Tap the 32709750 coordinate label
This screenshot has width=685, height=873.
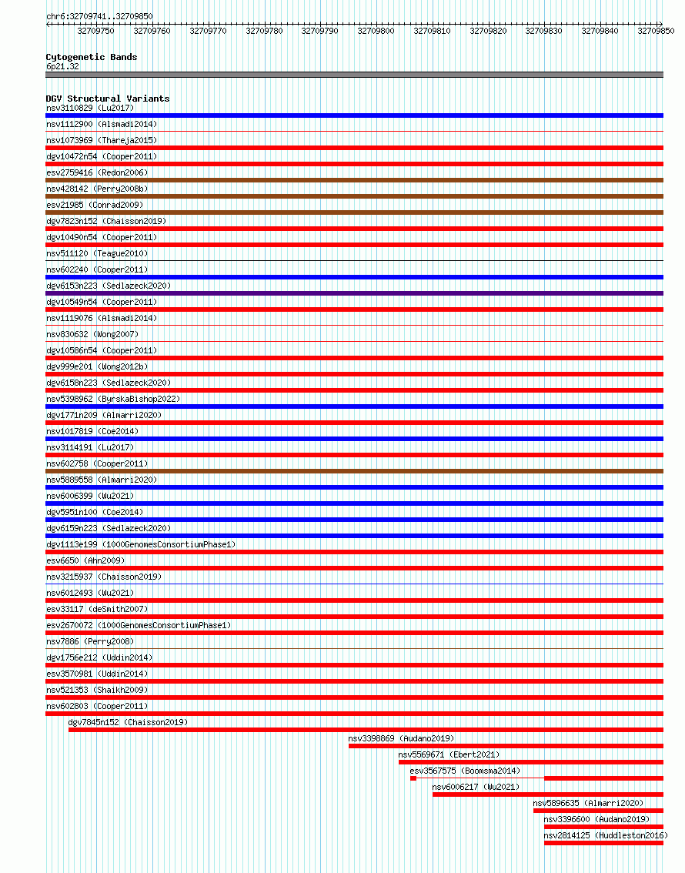click(x=96, y=31)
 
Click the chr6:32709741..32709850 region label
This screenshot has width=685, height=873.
click(x=99, y=16)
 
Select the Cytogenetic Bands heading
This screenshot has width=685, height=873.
click(x=92, y=57)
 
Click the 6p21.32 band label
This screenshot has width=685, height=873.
click(x=62, y=66)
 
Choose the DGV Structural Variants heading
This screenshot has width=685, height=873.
click(x=108, y=99)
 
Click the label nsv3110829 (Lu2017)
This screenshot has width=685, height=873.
click(x=90, y=108)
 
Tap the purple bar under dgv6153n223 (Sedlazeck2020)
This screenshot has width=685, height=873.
click(x=354, y=293)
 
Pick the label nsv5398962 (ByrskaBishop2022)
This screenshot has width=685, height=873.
click(x=113, y=399)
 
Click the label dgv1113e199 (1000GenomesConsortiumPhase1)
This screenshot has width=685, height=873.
click(x=141, y=544)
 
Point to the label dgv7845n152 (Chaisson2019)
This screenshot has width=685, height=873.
click(x=128, y=722)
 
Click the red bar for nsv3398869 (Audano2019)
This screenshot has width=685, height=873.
click(x=506, y=746)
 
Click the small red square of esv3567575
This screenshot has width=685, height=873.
click(x=413, y=778)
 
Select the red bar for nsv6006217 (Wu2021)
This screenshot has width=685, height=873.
click(x=547, y=794)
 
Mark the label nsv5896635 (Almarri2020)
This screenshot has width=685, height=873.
click(x=588, y=803)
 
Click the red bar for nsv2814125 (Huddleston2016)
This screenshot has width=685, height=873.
click(x=603, y=843)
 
